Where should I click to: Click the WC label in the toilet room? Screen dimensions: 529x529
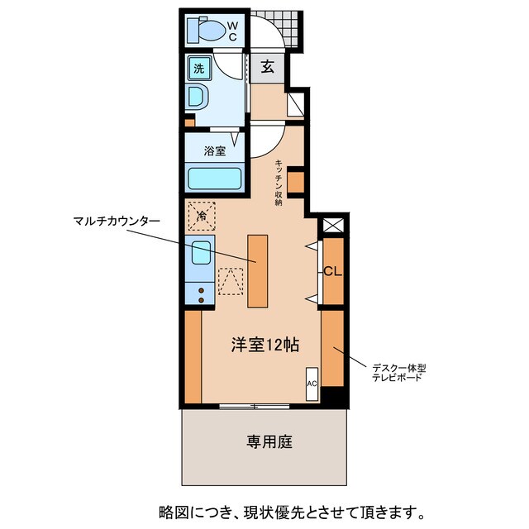point(232,31)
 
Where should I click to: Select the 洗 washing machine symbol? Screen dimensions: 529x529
point(198,69)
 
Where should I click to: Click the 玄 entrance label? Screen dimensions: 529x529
point(268,68)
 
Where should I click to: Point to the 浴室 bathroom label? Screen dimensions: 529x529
point(215,151)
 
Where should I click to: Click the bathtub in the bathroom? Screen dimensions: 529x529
point(214,179)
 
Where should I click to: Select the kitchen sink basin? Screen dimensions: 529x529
point(200,251)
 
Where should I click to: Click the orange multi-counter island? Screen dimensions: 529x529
point(257,270)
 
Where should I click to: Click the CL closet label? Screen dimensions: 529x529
point(332,271)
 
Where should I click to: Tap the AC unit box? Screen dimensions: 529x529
point(312,384)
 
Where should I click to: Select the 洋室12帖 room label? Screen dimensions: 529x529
point(264,346)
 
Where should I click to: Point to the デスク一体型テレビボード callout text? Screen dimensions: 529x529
point(398,371)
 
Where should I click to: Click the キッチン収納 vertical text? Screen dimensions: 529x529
point(279,181)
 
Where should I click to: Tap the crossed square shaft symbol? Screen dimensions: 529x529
point(332,224)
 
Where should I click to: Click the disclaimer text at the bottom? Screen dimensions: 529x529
point(280,510)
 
